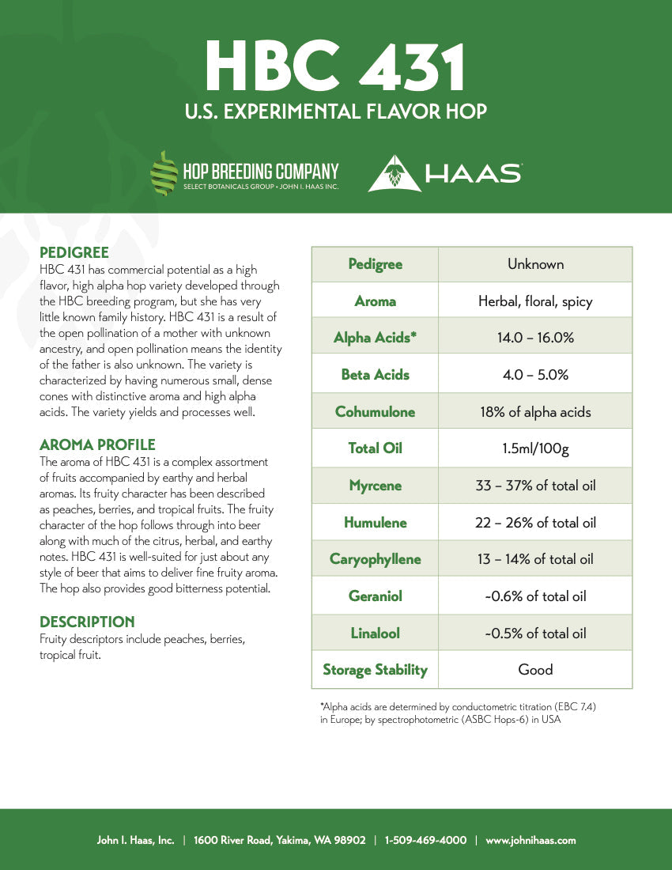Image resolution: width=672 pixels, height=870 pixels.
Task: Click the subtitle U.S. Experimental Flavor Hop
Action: coord(335,111)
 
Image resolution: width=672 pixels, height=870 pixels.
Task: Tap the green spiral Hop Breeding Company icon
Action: coord(164,173)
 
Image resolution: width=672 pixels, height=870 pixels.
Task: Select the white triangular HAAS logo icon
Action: coord(394,173)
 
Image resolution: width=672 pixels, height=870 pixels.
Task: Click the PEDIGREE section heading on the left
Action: coord(74,253)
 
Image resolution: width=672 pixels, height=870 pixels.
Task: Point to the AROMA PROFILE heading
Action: coord(97,444)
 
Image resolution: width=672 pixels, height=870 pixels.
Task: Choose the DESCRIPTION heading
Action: coord(87,622)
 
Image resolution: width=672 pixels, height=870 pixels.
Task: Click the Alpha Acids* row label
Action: coord(375,338)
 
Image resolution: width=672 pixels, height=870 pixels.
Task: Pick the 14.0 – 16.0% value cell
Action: coord(535,338)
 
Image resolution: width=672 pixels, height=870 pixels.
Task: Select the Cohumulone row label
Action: coord(375,411)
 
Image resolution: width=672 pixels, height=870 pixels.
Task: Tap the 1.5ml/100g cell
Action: coord(535,448)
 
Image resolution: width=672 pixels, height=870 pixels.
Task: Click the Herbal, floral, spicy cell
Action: coord(535,301)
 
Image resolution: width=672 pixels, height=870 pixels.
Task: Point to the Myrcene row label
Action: coord(375,486)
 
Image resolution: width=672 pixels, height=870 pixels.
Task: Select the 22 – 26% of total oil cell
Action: coord(535,523)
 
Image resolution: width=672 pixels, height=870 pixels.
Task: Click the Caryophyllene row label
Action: coord(375,559)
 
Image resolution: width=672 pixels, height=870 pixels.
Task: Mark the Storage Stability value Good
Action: coord(535,670)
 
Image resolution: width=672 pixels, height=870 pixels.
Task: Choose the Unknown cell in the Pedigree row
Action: coord(535,264)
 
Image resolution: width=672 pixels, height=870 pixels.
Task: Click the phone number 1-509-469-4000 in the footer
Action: coord(425,840)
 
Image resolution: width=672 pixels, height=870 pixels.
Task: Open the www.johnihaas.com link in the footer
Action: coord(530,840)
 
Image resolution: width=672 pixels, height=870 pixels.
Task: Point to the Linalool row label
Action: coord(375,633)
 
